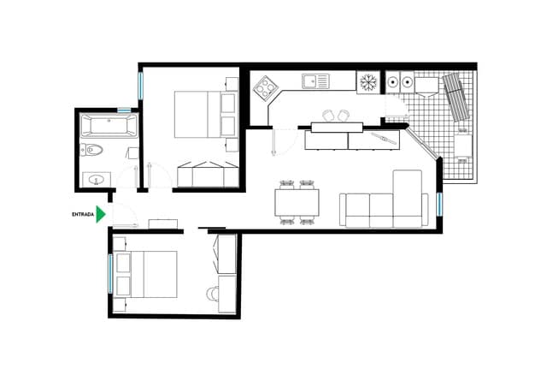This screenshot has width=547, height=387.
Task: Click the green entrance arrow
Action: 101,214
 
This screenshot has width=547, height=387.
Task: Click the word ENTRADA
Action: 82,215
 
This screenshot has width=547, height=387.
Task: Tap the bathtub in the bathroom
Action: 108,128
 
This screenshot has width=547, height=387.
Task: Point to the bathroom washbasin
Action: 97,180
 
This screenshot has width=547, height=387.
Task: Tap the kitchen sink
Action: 315,81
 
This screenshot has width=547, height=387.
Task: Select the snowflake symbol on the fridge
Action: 368,82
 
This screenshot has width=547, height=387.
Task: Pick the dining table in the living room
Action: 297,202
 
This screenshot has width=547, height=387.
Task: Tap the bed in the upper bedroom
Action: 197,114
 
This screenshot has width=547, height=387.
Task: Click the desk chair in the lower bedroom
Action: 212,294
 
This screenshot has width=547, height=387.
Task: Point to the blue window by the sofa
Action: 439,204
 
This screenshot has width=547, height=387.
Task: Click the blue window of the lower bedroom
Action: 110,273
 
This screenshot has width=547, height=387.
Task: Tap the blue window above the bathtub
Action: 124,110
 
